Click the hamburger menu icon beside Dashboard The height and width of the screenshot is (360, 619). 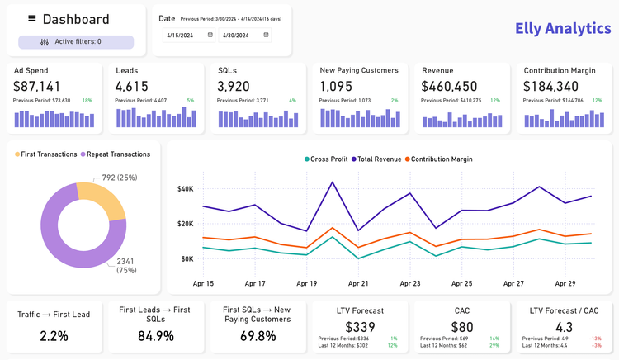pos(32,18)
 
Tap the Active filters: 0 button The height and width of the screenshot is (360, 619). pos(76,41)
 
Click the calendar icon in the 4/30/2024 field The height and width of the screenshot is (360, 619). pos(266,35)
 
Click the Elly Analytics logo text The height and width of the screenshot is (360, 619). pos(563,29)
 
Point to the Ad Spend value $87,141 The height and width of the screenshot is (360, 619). pos(37,86)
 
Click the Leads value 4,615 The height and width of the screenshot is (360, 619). pos(132,86)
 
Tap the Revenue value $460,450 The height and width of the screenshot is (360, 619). pos(449,86)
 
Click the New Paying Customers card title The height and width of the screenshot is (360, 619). pos(359,70)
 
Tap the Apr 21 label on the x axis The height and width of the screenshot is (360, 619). pos(358,283)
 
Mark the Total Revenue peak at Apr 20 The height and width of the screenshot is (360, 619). pos(333,182)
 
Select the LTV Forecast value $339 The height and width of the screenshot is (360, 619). pos(361,327)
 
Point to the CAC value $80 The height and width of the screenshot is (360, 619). pos(462,327)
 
